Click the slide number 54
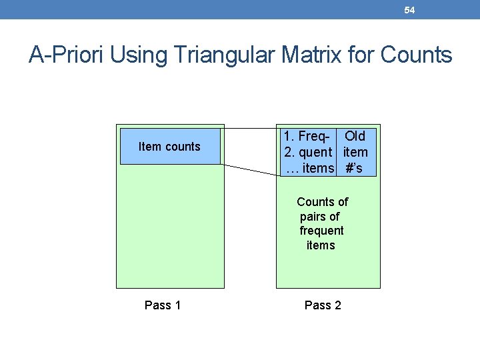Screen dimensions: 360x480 click(x=409, y=10)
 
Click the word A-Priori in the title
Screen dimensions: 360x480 click(x=67, y=55)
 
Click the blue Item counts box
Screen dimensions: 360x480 click(x=169, y=147)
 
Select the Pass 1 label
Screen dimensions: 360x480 click(x=163, y=305)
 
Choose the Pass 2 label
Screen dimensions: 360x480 click(x=323, y=305)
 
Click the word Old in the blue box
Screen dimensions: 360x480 click(x=355, y=136)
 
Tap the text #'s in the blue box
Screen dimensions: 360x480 click(x=354, y=168)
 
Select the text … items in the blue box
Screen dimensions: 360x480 click(x=309, y=168)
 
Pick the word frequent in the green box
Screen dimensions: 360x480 click(x=321, y=231)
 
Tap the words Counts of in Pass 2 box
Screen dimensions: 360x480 click(x=322, y=201)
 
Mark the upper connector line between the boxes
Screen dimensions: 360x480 click(x=249, y=127)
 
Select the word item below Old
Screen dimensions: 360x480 click(x=355, y=152)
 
